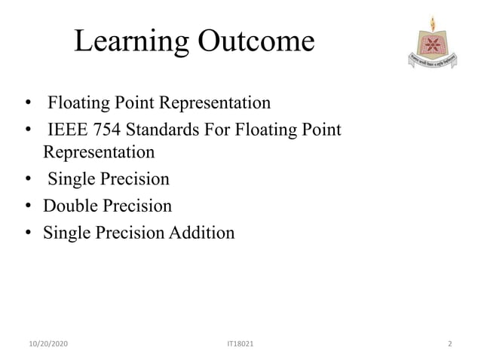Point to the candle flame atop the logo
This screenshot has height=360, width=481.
tap(432, 22)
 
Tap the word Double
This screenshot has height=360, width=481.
tap(69, 206)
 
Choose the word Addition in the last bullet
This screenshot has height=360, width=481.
tap(202, 233)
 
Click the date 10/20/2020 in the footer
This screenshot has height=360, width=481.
tap(47, 344)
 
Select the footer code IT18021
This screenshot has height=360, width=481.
tap(240, 344)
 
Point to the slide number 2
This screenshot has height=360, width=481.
tap(449, 344)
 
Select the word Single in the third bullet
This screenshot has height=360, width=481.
tap(70, 179)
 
